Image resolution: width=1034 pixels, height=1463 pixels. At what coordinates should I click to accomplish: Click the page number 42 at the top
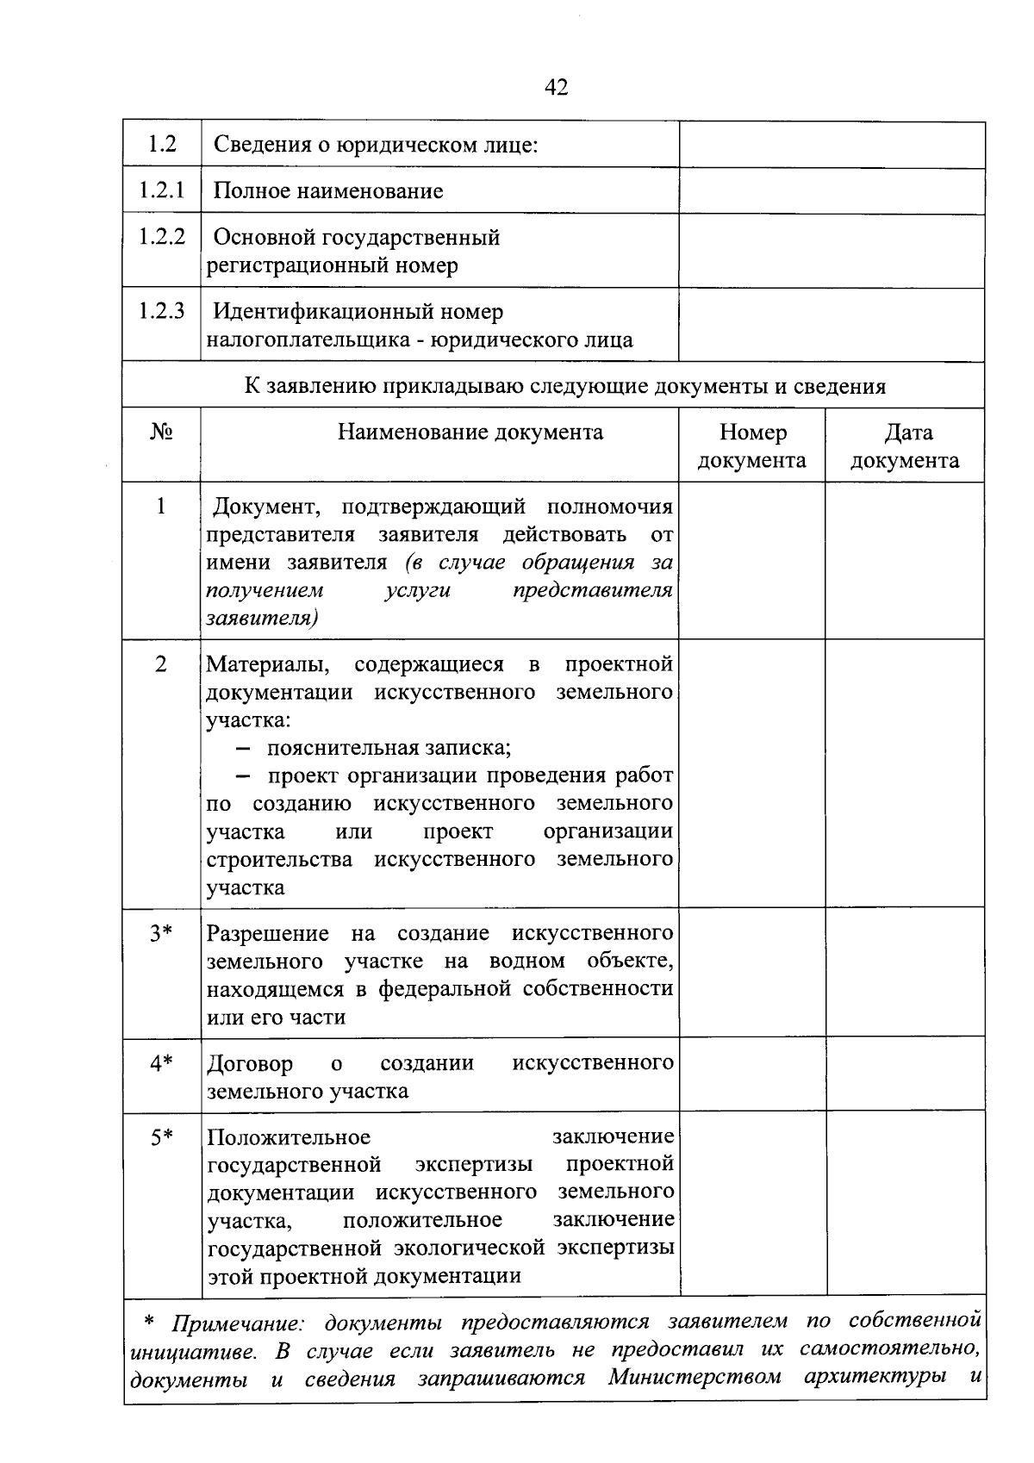click(557, 87)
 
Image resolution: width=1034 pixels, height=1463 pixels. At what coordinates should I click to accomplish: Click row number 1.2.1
click(162, 190)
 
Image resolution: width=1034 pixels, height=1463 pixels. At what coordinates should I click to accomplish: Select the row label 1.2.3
click(162, 311)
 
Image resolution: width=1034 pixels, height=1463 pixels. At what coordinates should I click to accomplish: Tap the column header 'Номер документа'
click(752, 445)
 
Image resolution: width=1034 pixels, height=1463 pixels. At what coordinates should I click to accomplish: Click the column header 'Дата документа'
click(906, 445)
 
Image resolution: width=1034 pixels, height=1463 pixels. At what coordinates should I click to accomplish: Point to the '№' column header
click(161, 432)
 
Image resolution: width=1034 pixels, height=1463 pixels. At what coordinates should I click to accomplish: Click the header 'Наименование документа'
click(470, 432)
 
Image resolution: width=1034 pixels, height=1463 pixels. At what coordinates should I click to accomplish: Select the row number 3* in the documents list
click(161, 933)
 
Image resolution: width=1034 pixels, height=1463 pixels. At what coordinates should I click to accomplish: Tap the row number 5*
click(161, 1137)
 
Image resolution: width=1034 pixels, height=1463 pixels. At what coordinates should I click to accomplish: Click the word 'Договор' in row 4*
click(250, 1063)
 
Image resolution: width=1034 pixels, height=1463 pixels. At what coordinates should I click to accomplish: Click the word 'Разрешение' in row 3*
click(268, 933)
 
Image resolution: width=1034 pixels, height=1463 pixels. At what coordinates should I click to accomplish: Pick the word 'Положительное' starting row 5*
click(289, 1137)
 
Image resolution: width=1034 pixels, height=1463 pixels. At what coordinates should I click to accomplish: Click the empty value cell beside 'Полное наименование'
click(832, 191)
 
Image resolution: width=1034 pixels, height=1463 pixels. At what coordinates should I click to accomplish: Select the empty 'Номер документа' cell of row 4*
click(752, 1074)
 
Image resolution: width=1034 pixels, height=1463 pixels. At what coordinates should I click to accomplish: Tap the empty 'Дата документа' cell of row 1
click(906, 560)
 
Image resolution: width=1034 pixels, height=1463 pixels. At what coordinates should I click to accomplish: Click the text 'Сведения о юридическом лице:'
click(376, 145)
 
